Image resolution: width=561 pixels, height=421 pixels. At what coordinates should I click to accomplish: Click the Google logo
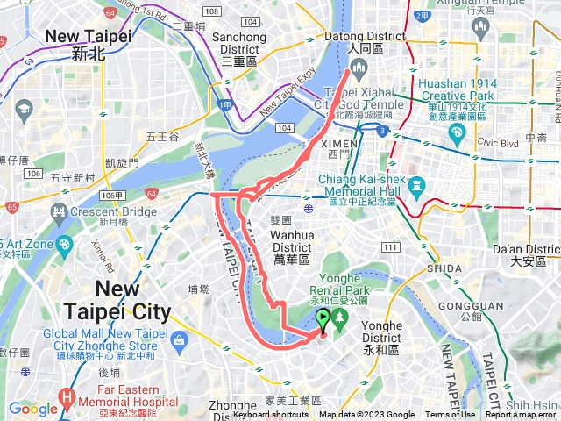(33, 409)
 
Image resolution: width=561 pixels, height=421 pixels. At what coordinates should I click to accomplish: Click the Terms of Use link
(451, 415)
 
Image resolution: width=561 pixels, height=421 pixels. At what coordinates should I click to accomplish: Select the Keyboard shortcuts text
(271, 415)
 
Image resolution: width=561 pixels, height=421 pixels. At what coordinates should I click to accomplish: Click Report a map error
(522, 415)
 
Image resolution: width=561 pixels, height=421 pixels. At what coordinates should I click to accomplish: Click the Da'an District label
(525, 255)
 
